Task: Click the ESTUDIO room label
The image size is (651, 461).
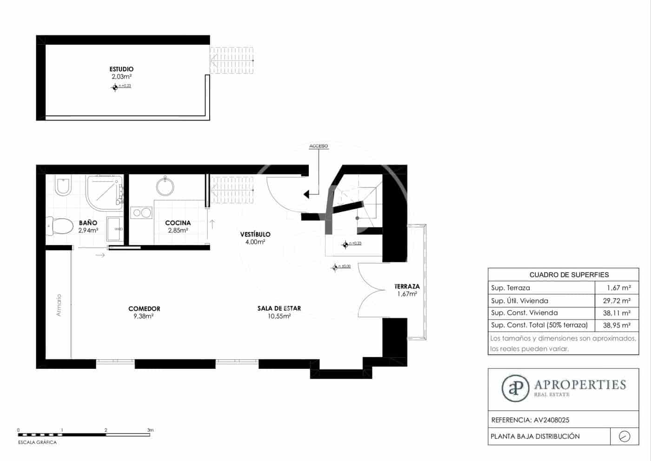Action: click(x=121, y=69)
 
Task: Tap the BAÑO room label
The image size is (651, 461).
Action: click(x=88, y=223)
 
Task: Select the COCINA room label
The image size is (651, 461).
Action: click(x=178, y=223)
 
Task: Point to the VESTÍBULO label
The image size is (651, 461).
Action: click(x=255, y=234)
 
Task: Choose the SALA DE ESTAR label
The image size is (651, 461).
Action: click(x=279, y=308)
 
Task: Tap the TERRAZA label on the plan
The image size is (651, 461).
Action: click(x=407, y=287)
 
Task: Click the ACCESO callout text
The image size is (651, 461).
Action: click(x=319, y=146)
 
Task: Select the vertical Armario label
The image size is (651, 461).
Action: click(x=59, y=305)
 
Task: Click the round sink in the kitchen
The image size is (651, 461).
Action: click(x=165, y=187)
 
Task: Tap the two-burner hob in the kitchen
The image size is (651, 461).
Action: click(x=141, y=213)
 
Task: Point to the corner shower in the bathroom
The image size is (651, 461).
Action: click(x=104, y=191)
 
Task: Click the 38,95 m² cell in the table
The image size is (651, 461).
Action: click(x=617, y=326)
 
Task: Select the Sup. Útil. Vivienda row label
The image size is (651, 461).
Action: click(x=519, y=301)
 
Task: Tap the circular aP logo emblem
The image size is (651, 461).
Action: click(x=515, y=388)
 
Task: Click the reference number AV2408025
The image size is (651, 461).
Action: click(x=551, y=420)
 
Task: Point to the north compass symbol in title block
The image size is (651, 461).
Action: click(x=624, y=436)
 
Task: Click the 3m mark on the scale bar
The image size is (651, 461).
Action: click(x=150, y=431)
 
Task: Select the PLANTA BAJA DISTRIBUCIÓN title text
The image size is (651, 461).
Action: click(x=535, y=436)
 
